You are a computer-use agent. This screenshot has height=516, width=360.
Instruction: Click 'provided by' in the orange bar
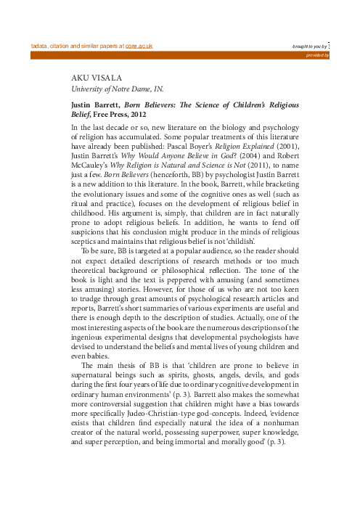pyautogui.click(x=316, y=54)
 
